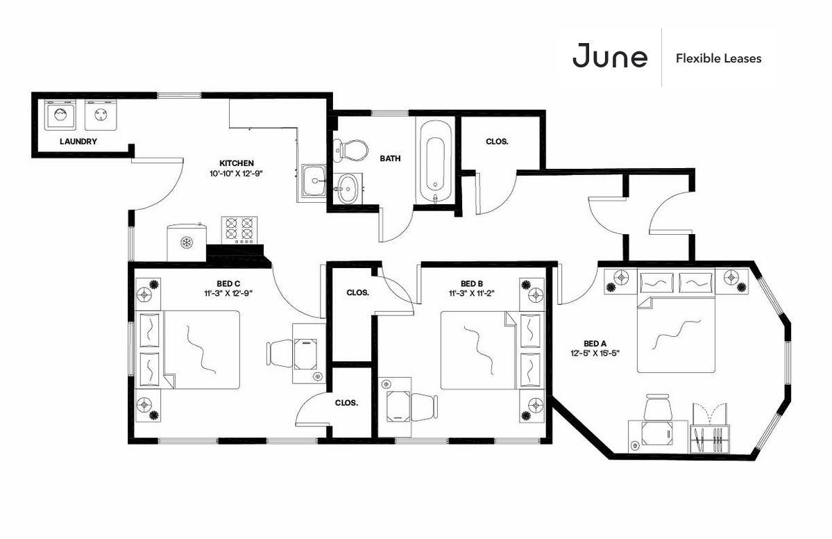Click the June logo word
point(610,56)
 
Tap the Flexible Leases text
point(718,58)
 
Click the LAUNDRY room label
point(78,141)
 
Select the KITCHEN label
point(237,163)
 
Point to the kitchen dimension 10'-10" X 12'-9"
point(237,174)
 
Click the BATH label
point(390,158)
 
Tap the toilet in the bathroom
point(350,150)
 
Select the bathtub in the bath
point(436,161)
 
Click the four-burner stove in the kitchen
point(239,230)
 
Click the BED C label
point(228,283)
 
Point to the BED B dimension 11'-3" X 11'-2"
point(472,293)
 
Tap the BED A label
point(595,344)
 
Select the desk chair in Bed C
point(280,353)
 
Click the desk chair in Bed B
point(423,407)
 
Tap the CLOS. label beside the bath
point(497,142)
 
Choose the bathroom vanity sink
point(348,188)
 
